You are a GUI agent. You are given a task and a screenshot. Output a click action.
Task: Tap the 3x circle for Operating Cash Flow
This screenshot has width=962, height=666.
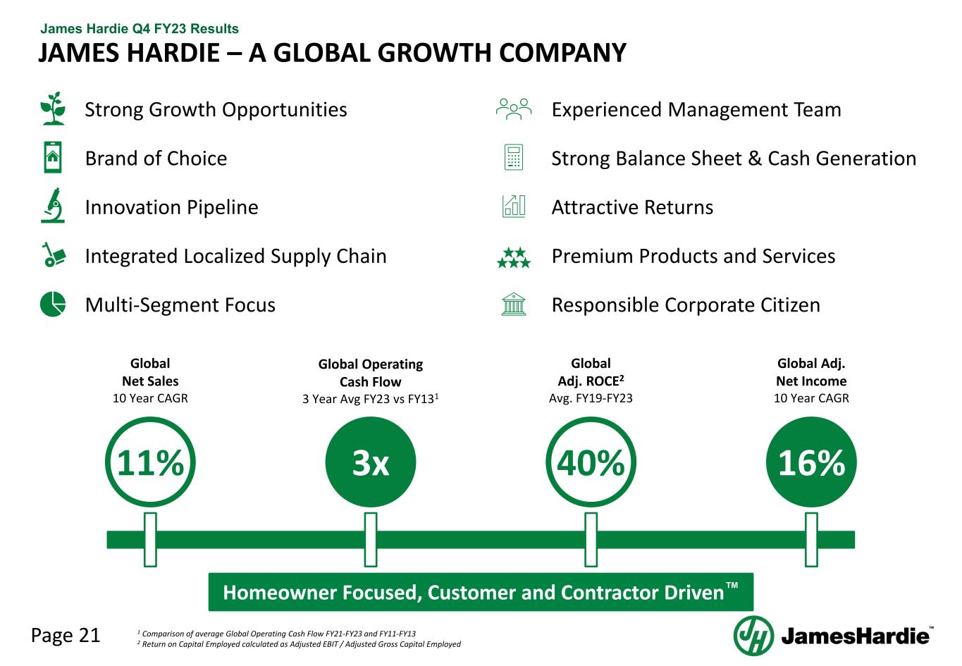pyautogui.click(x=371, y=462)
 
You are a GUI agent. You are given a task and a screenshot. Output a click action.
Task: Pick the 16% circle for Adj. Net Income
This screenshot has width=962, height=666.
pyautogui.click(x=811, y=462)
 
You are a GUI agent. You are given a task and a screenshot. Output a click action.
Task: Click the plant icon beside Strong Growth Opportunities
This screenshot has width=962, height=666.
pyautogui.click(x=53, y=109)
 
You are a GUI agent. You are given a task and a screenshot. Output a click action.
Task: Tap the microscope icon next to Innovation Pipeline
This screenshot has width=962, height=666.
pyautogui.click(x=53, y=206)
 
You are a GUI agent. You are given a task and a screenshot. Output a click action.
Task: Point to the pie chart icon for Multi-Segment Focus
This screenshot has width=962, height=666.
pyautogui.click(x=53, y=304)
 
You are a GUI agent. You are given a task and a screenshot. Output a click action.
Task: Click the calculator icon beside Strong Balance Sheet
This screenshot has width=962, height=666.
pyautogui.click(x=514, y=157)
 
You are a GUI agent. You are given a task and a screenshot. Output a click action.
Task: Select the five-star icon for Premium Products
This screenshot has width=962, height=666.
pyautogui.click(x=514, y=257)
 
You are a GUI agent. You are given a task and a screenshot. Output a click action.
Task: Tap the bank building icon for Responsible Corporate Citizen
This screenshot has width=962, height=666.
pyautogui.click(x=514, y=304)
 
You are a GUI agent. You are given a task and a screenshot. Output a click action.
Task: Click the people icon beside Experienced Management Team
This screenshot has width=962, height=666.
pyautogui.click(x=514, y=109)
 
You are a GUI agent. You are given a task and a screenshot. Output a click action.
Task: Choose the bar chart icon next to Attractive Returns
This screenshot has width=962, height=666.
pyautogui.click(x=514, y=206)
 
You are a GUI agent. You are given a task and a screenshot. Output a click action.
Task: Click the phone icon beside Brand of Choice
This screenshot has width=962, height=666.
pyautogui.click(x=53, y=157)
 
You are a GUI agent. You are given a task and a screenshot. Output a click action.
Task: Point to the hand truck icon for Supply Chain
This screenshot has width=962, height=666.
pyautogui.click(x=54, y=254)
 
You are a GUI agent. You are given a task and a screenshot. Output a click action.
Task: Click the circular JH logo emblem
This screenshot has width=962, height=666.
pyautogui.click(x=753, y=636)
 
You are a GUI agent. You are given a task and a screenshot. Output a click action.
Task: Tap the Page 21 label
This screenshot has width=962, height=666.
pyautogui.click(x=66, y=635)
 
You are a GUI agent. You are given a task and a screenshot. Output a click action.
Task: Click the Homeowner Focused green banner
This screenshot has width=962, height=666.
pyautogui.click(x=481, y=592)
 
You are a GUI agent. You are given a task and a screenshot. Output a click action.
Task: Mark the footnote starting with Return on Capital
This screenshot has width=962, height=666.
pyautogui.click(x=299, y=644)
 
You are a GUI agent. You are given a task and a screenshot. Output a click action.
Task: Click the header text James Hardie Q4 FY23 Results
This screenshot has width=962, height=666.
pyautogui.click(x=140, y=29)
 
